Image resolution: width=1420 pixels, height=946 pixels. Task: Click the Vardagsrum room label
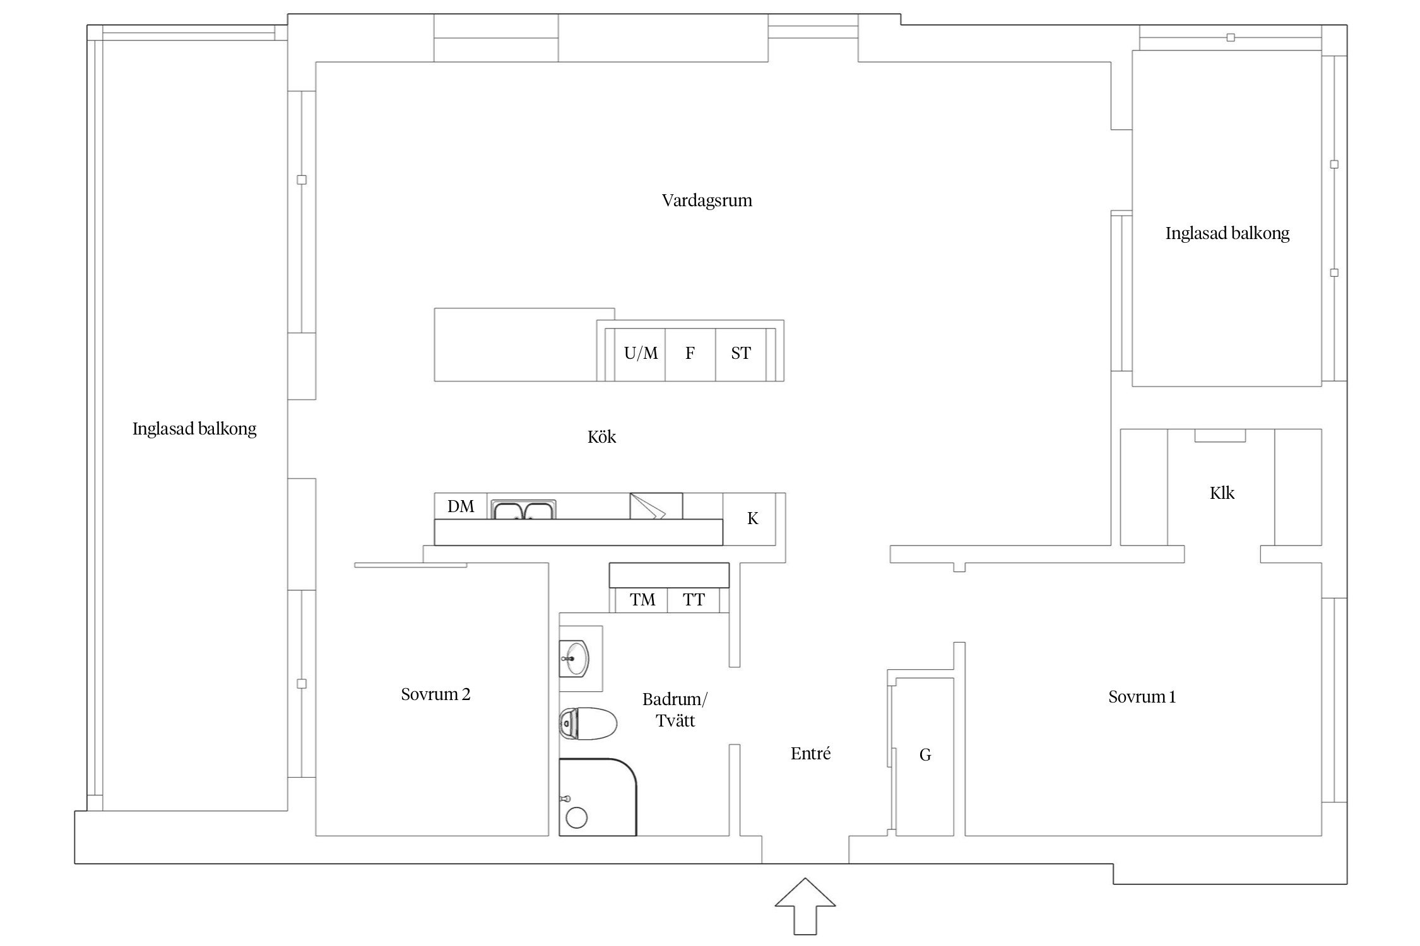point(707,201)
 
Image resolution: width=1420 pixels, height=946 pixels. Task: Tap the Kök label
point(601,436)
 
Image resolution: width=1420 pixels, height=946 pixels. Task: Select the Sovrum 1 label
point(1142,697)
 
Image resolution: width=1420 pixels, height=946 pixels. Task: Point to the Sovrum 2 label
point(435,694)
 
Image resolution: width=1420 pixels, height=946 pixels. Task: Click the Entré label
point(810,753)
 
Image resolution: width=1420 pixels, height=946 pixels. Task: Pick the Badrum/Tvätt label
point(675,709)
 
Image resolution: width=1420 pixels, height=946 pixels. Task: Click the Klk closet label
point(1222,493)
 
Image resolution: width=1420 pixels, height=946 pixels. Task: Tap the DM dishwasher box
point(461,506)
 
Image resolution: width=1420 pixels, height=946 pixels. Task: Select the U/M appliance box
point(640,354)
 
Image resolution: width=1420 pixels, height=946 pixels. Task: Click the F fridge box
point(690,354)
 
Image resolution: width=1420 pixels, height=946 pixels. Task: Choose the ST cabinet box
point(741,354)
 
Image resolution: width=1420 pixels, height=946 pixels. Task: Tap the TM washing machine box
point(642,600)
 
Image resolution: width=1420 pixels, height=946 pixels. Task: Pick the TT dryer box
point(694,600)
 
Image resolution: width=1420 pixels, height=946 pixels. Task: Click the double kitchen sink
point(524,510)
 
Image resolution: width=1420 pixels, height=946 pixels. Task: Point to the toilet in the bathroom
point(588,723)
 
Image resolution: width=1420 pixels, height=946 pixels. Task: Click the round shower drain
point(576,817)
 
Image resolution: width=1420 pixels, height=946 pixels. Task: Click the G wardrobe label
point(925,755)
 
